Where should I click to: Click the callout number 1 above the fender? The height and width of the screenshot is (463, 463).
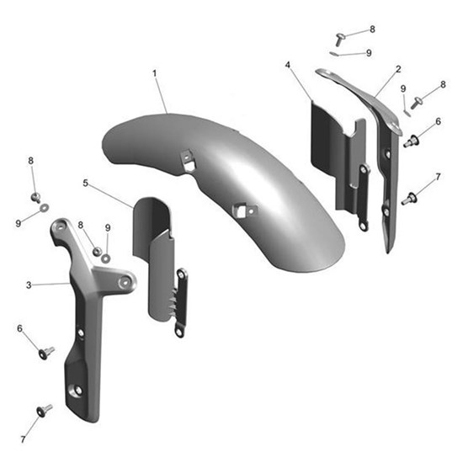coord(155,74)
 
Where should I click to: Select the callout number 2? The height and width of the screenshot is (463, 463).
coord(398,68)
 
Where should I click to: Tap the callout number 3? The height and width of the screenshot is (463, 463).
coord(29,285)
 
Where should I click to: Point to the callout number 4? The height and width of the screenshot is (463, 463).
coord(288,65)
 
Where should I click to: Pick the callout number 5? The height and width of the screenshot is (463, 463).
coord(86,183)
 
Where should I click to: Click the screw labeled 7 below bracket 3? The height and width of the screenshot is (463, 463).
coord(44,411)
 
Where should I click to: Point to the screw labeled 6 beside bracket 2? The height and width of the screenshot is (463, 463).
coord(411,141)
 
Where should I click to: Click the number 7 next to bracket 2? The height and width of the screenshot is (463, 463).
coord(437,176)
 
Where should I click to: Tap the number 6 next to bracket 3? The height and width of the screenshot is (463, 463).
coord(20,328)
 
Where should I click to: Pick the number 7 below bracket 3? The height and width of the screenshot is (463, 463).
coord(23,439)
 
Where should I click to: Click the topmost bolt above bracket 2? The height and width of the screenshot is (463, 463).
coord(340,37)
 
